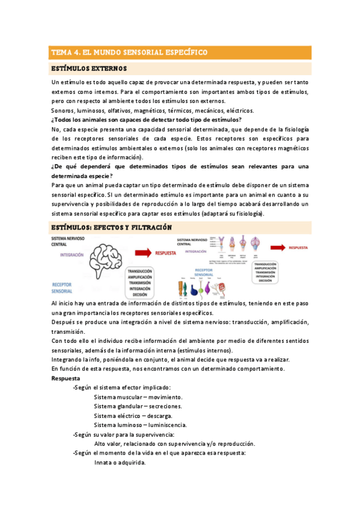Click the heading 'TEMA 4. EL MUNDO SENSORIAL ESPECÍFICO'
pos(129,52)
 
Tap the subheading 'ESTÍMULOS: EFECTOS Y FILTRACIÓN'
pos(112,227)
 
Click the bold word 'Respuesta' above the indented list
pos(66,379)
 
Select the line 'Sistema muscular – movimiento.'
pos(138,397)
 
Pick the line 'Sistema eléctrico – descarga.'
pos(133,416)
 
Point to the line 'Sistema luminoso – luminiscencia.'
pos(140,425)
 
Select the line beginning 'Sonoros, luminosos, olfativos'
pos(153,110)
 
